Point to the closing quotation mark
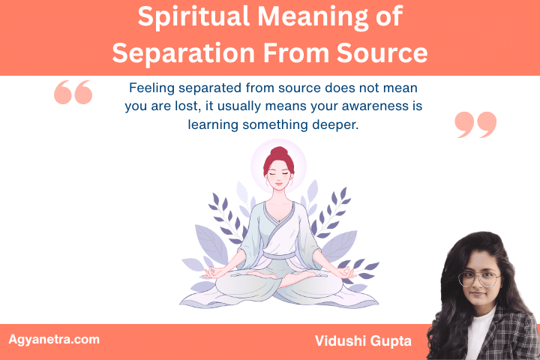pyautogui.click(x=475, y=124)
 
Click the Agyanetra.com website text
pyautogui.click(x=53, y=340)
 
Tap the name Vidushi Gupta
pyautogui.click(x=364, y=341)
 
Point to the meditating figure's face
pyautogui.click(x=277, y=177)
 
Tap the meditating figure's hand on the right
pyautogui.click(x=346, y=271)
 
